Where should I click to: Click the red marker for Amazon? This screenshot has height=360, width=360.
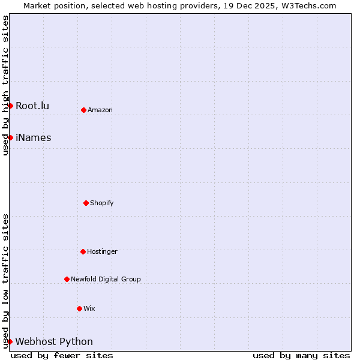[x=83, y=110]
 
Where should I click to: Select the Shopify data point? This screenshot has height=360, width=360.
[x=86, y=203]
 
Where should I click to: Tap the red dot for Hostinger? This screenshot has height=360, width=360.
[x=83, y=251]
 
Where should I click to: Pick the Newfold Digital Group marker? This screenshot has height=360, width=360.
[x=67, y=279]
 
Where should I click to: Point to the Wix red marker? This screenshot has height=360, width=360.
[x=79, y=308]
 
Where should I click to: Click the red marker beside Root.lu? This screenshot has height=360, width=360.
[x=10, y=106]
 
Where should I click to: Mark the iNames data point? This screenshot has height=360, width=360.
[x=10, y=137]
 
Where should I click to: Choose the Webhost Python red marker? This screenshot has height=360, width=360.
[x=10, y=341]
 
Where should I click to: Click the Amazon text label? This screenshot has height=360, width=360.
[x=100, y=110]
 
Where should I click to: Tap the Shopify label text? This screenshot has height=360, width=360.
[x=102, y=203]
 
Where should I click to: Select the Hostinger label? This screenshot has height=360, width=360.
[x=102, y=252]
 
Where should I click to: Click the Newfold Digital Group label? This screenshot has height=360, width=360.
[x=106, y=280]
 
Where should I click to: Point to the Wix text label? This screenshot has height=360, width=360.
[x=89, y=309]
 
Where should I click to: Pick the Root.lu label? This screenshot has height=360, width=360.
[x=32, y=106]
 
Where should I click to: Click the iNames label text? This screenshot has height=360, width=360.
[x=34, y=138]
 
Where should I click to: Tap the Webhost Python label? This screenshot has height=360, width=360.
[x=54, y=342]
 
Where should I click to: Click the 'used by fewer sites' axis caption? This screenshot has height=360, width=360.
[x=62, y=355]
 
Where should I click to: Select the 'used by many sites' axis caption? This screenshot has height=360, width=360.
[x=301, y=355]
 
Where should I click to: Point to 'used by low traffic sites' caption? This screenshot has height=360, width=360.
[x=5, y=281]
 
